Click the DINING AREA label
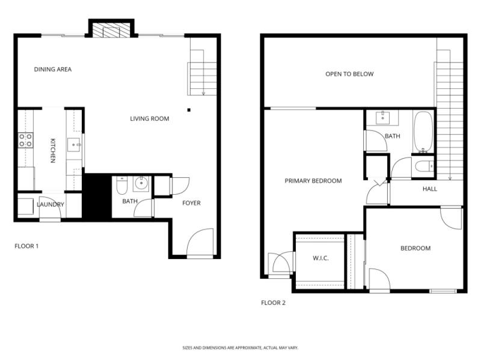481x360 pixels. click(x=53, y=70)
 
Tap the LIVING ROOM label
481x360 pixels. click(x=150, y=119)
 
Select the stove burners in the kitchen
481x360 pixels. click(x=25, y=140)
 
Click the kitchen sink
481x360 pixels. click(x=73, y=144)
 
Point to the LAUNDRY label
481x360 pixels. click(x=51, y=205)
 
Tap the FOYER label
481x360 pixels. click(x=191, y=203)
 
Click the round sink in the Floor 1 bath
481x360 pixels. click(x=142, y=183)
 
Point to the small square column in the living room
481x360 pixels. click(x=189, y=110)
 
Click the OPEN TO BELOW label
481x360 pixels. click(x=349, y=75)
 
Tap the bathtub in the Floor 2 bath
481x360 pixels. click(x=423, y=131)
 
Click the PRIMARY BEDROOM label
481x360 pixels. click(x=313, y=181)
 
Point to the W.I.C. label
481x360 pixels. click(x=320, y=258)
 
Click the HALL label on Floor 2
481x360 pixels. click(x=430, y=189)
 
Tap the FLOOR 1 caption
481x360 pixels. click(x=26, y=246)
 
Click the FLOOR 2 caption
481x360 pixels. click(x=273, y=303)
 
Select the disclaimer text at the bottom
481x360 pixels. click(x=240, y=347)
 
